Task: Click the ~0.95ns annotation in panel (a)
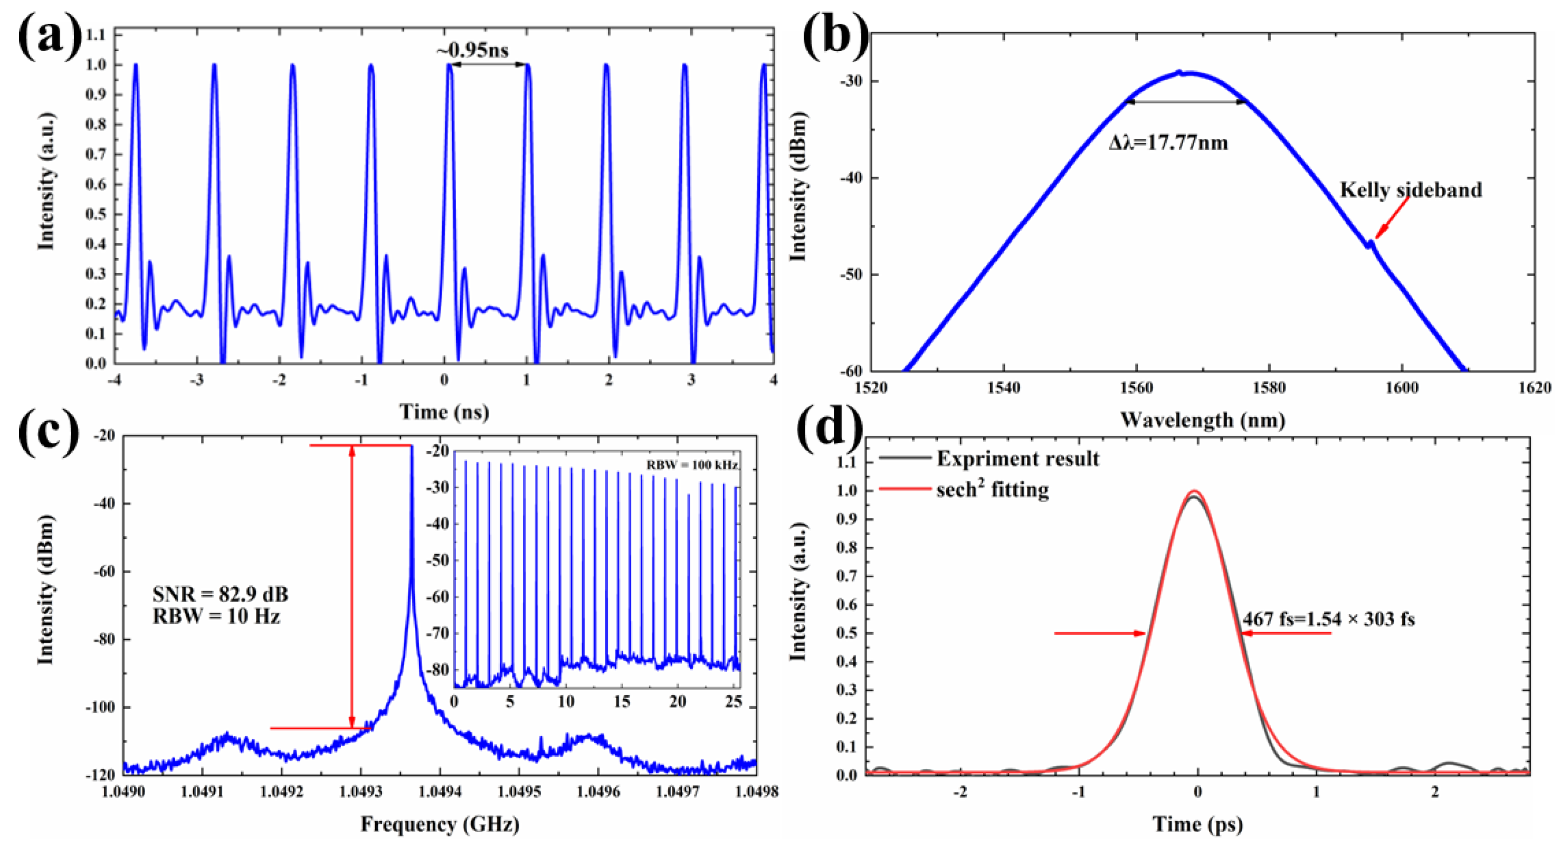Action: [x=473, y=50]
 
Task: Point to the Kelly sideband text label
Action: [x=1410, y=190]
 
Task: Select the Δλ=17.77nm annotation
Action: [x=1168, y=143]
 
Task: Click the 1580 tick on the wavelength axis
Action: [x=1269, y=388]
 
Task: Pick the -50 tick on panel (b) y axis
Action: [x=850, y=274]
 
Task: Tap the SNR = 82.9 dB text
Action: [x=220, y=594]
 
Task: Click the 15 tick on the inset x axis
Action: [x=622, y=701]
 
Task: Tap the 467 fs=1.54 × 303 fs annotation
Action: [x=1328, y=619]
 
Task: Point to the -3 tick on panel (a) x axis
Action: [x=196, y=380]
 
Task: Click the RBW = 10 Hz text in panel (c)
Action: [x=216, y=617]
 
